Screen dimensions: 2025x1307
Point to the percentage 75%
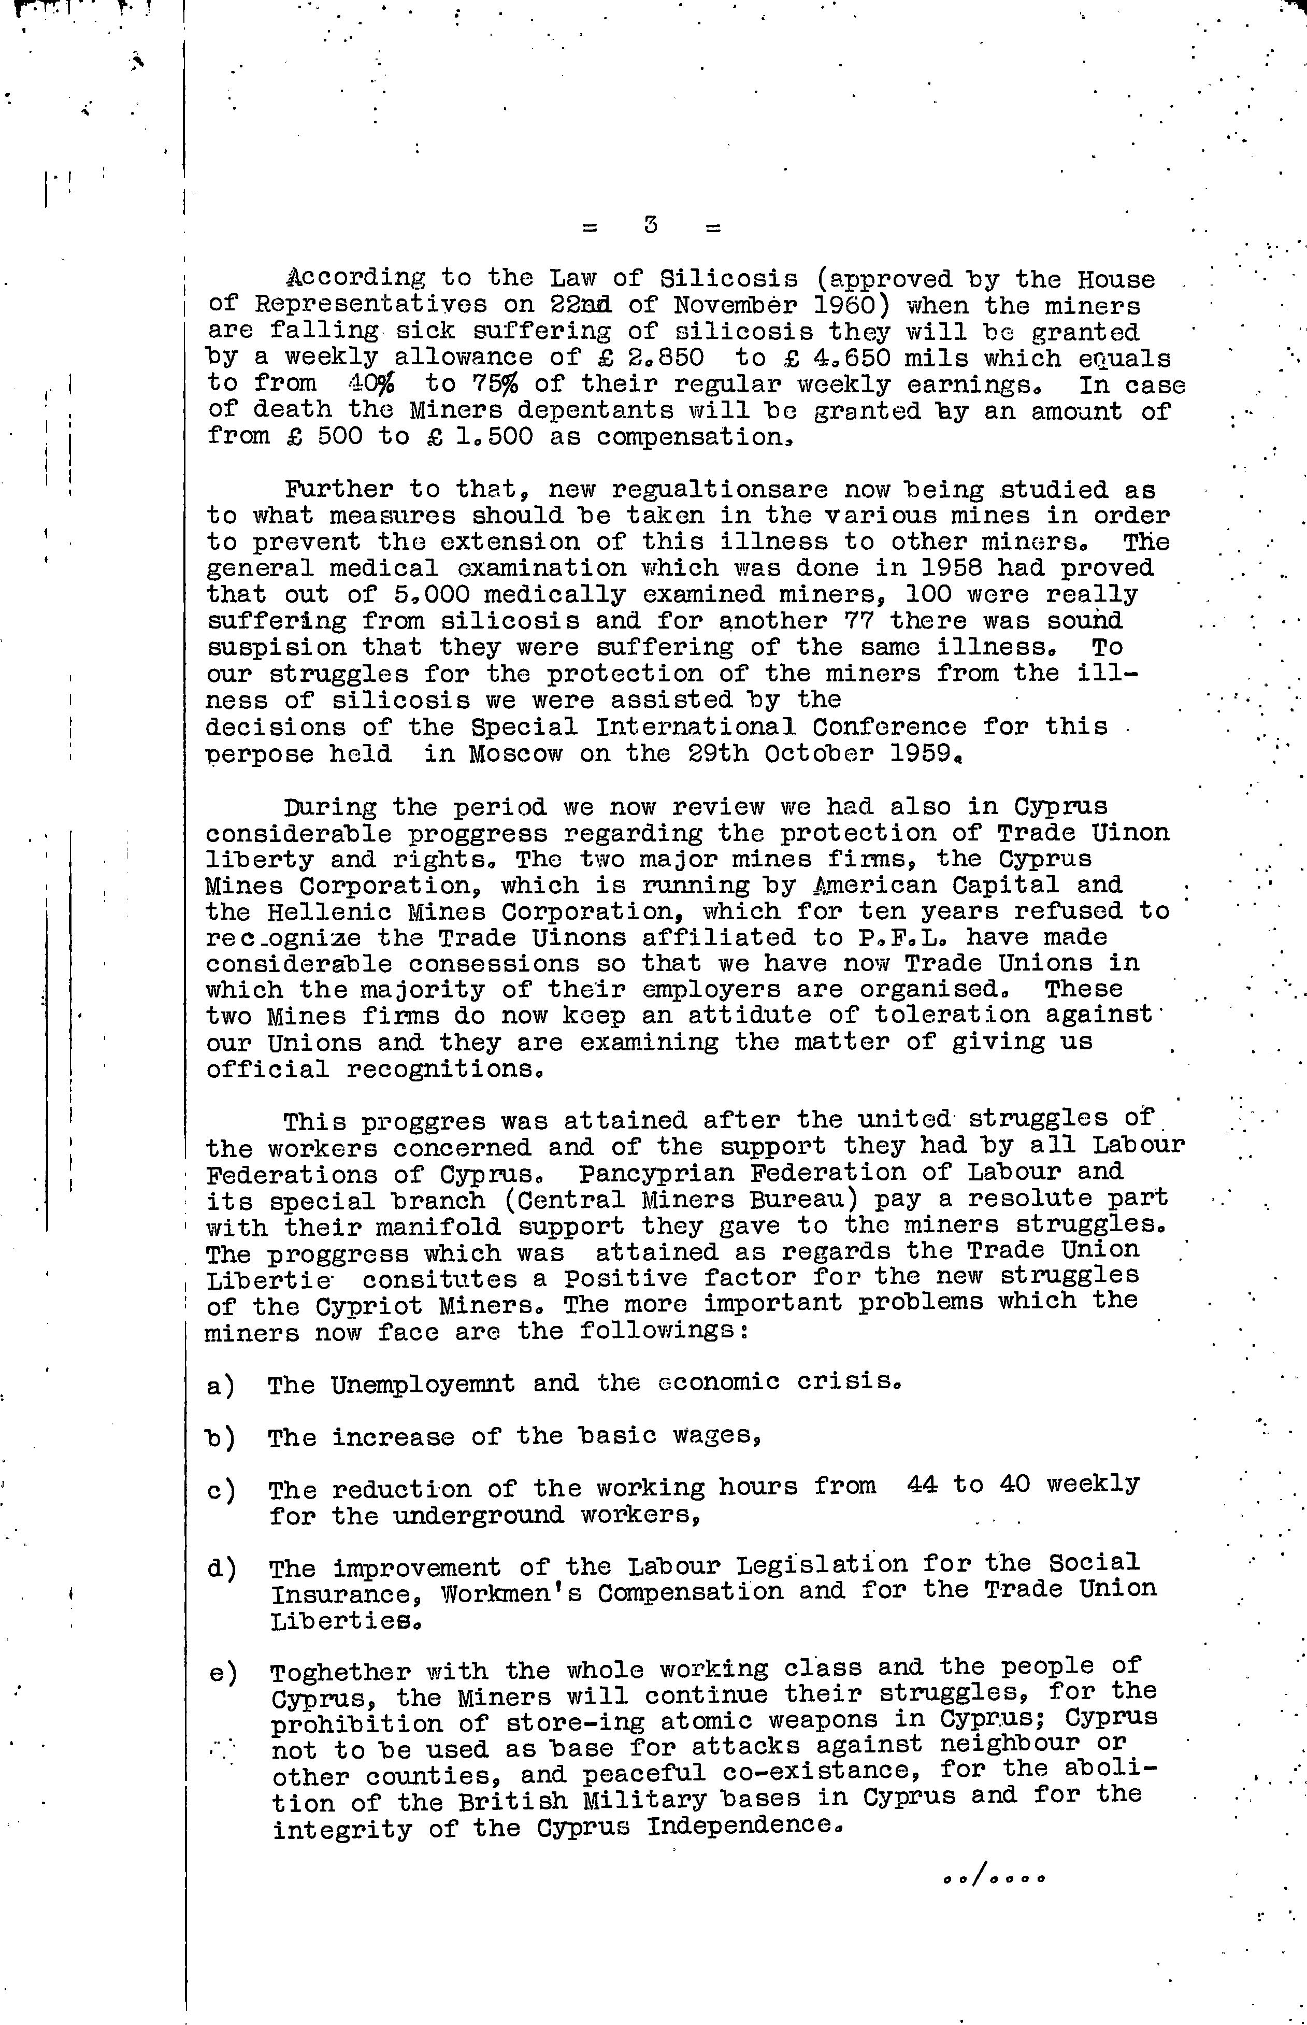point(495,384)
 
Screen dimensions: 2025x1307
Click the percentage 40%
point(377,384)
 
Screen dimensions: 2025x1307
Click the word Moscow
point(515,753)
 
